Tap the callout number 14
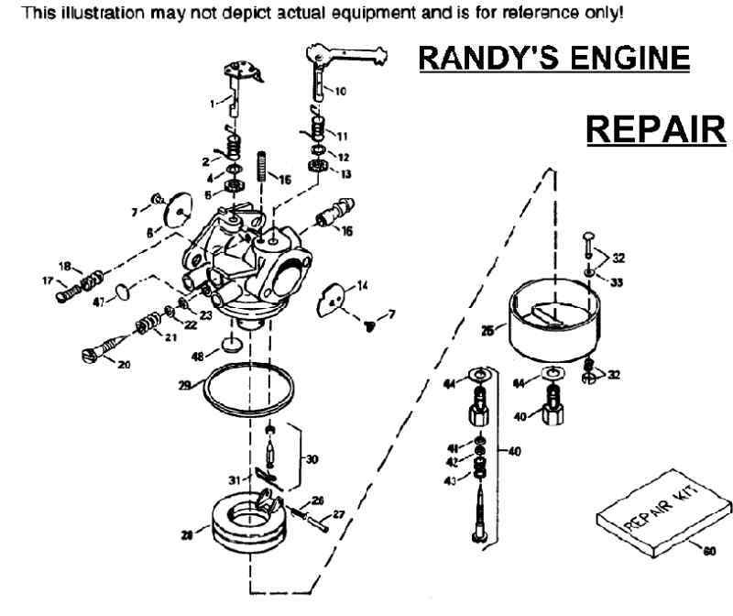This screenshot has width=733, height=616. (x=364, y=287)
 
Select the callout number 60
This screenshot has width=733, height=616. (x=707, y=551)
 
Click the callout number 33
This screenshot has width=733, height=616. (x=616, y=282)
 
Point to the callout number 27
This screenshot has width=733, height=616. (x=338, y=514)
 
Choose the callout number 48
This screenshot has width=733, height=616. (x=197, y=356)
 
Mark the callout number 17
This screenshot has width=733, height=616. (x=47, y=280)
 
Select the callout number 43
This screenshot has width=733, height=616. (x=450, y=482)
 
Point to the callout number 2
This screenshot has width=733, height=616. (x=206, y=160)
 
